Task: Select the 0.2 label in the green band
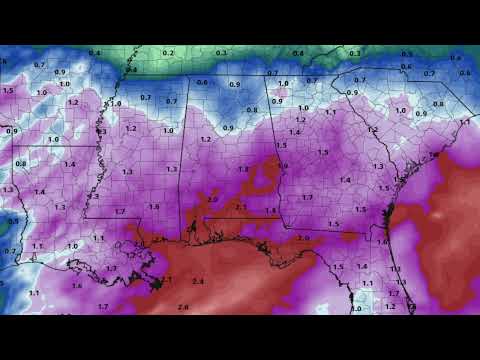[168, 53]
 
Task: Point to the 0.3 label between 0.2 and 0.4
[222, 52]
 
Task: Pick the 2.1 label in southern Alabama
[239, 207]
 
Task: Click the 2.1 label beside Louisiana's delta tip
[166, 279]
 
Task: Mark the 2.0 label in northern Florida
[303, 238]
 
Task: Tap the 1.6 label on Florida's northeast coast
[381, 242]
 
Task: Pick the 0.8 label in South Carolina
[438, 104]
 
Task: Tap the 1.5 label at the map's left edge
[8, 90]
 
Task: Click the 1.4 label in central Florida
[362, 267]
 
